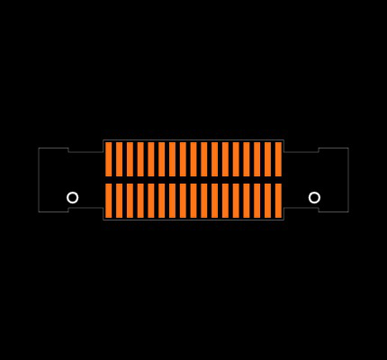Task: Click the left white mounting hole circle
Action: point(73,197)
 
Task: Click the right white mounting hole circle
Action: point(314,197)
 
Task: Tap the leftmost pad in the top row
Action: point(109,159)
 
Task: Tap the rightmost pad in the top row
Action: point(278,159)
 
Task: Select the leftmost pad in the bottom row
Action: point(109,201)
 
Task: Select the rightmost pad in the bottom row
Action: point(278,201)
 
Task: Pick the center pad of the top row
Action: point(193,159)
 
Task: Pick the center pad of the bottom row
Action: point(193,201)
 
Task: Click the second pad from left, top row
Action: point(120,159)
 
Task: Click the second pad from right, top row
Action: point(267,159)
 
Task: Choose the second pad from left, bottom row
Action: point(120,201)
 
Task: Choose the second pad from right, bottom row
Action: point(267,201)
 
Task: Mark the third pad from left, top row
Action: point(130,159)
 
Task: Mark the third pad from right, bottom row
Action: point(257,201)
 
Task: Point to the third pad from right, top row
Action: point(257,159)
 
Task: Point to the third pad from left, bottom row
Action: point(130,201)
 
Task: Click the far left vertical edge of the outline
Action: point(39,180)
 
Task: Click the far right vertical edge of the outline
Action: point(348,180)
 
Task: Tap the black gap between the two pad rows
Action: point(193,180)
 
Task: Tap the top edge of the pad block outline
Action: point(193,139)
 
